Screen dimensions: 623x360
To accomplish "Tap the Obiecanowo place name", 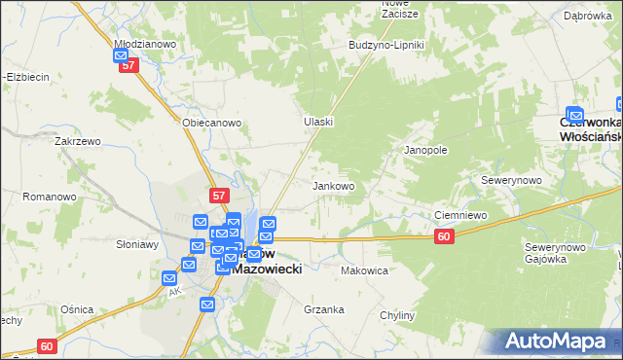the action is (211, 124).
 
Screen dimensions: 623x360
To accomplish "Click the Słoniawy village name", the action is (137, 244).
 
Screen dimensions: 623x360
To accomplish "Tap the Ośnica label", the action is (76, 308).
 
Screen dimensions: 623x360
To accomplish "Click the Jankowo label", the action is (333, 185).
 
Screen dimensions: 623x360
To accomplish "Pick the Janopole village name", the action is (425, 151).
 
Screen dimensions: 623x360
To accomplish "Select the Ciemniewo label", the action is (458, 216).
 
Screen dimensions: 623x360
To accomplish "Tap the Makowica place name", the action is (365, 270).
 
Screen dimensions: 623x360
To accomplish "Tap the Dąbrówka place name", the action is (587, 16).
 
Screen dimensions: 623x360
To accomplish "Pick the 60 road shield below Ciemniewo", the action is (444, 236).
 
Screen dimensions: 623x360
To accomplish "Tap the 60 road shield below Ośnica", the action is (48, 345).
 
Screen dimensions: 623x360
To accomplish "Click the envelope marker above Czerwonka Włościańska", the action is (574, 114).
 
